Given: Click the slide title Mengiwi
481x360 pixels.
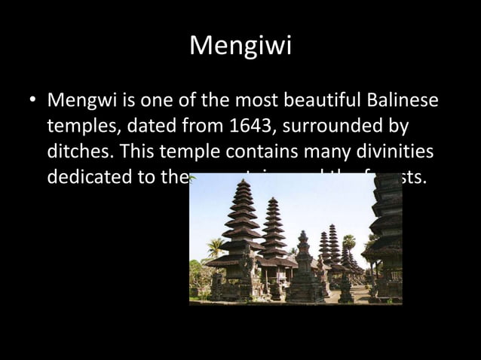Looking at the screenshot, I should (240, 46).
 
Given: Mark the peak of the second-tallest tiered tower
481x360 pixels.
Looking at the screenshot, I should (274, 200).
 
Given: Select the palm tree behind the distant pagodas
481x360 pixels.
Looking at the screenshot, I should (349, 243).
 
